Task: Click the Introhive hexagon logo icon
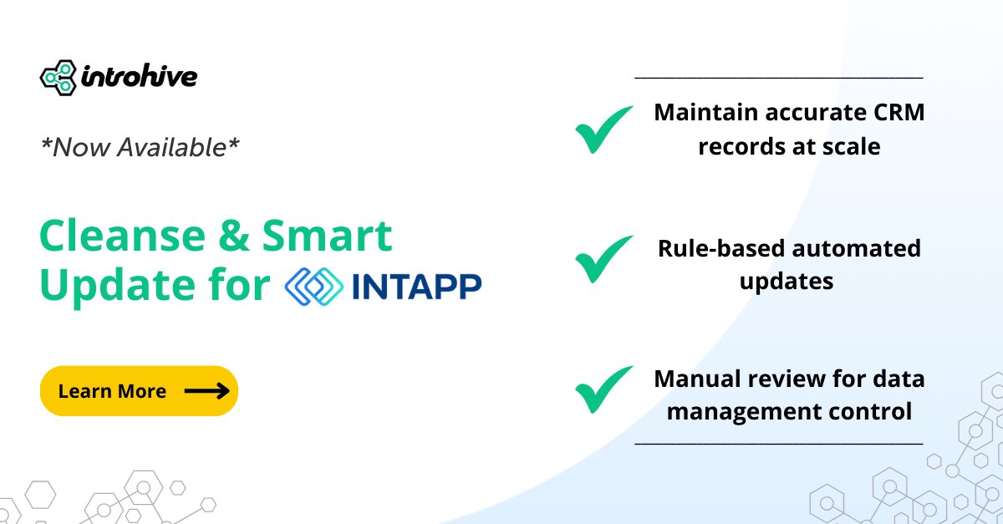coord(58,78)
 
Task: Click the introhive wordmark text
coord(139,78)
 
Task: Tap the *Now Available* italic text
coord(140,148)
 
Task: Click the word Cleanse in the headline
coord(121,237)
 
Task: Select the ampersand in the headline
coord(233,237)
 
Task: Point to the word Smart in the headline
coord(328,237)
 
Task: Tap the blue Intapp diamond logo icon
coord(313,286)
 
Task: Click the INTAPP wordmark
coord(416,286)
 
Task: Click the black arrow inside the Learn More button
coord(206,391)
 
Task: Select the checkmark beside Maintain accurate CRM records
coord(604,130)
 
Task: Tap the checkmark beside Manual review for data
coord(604,389)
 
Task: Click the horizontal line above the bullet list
coord(779,78)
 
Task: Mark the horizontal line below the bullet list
coord(779,444)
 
